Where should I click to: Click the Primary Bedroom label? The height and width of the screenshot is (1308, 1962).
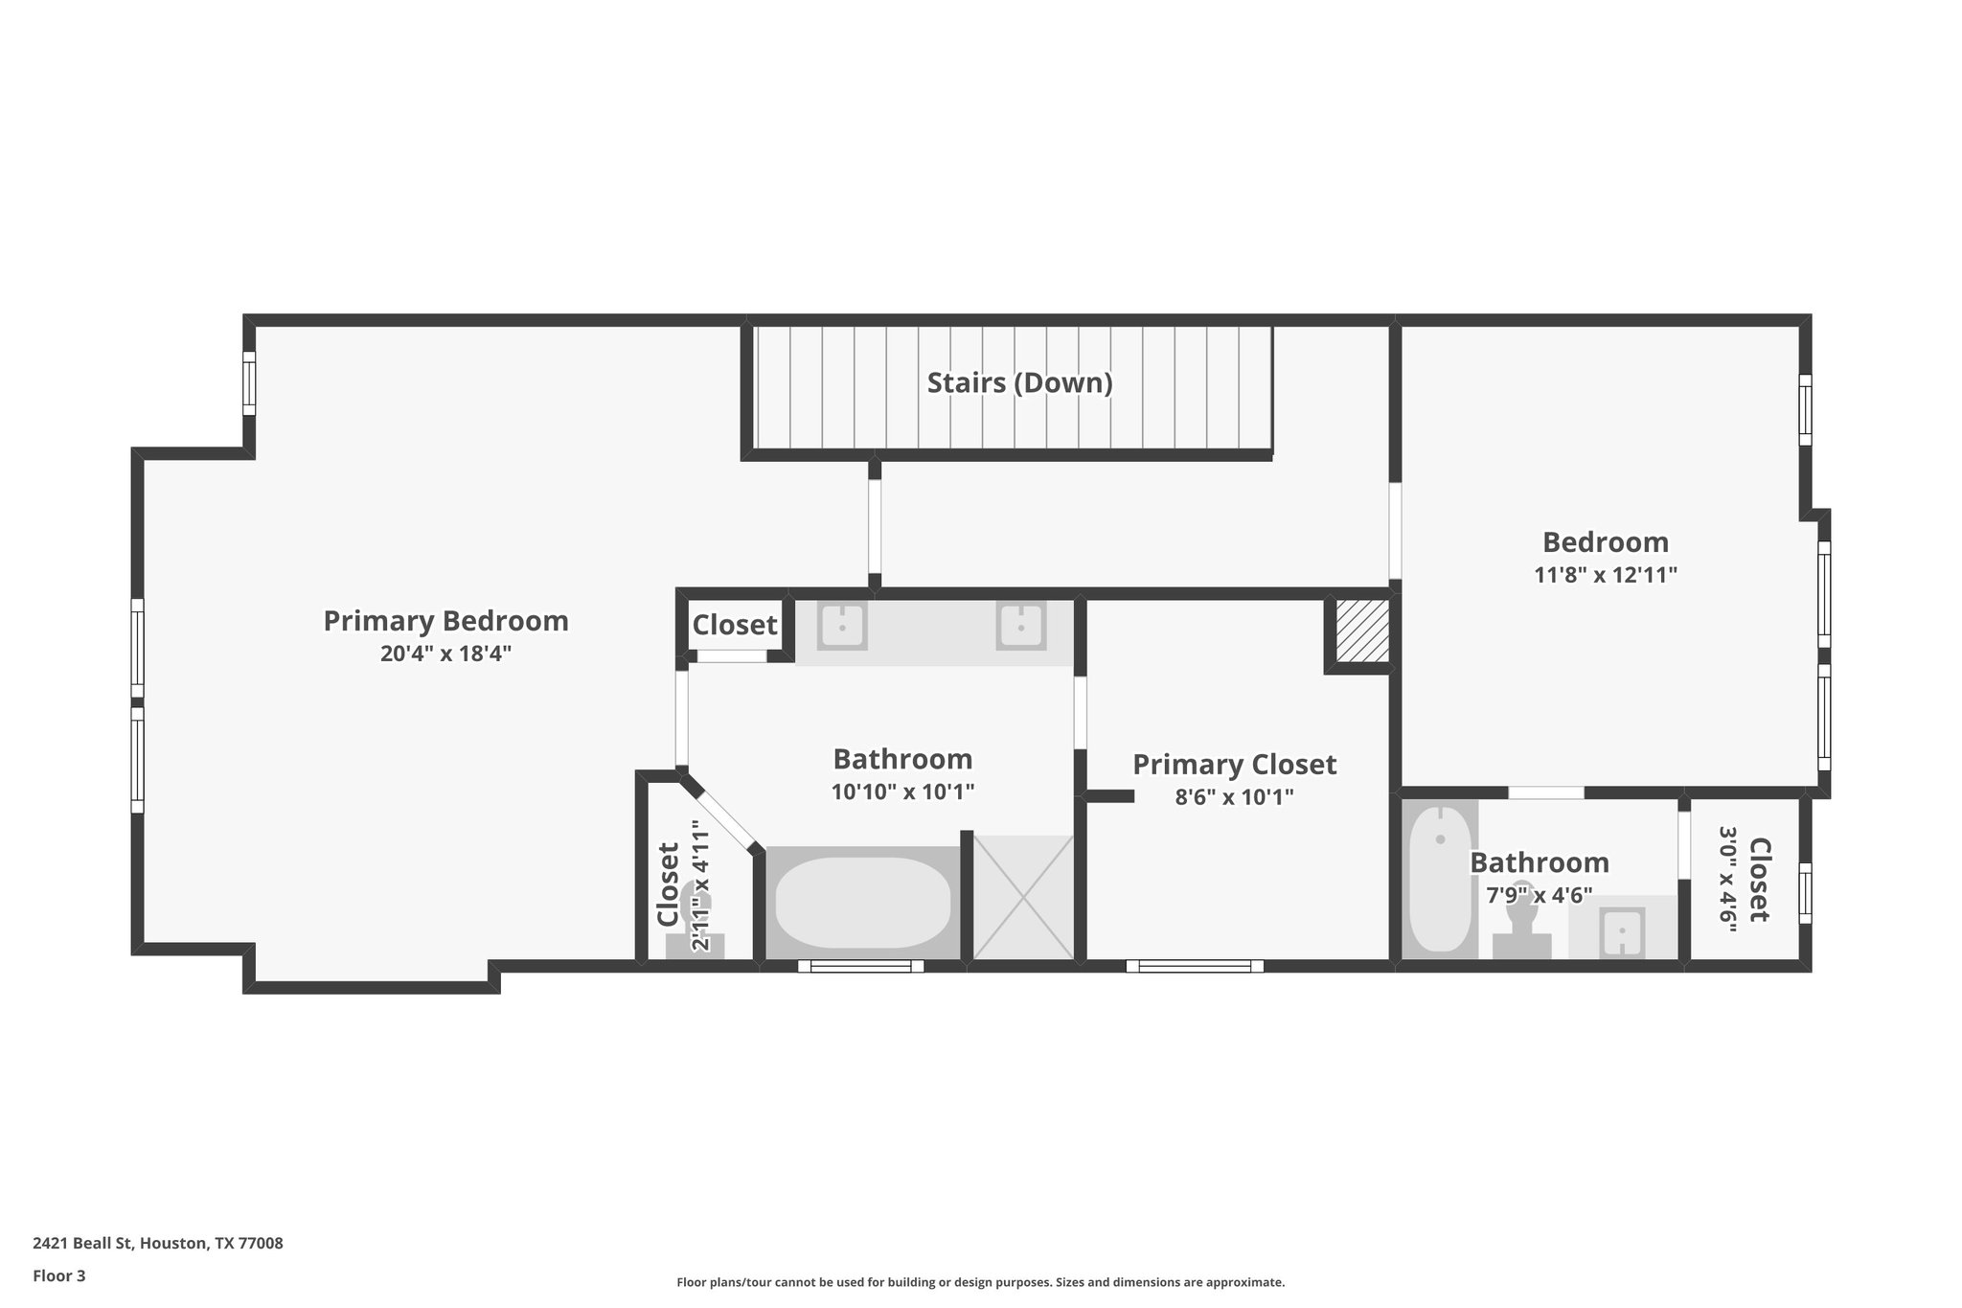pos(445,621)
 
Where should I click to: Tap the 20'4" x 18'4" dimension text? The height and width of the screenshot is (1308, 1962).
pos(445,654)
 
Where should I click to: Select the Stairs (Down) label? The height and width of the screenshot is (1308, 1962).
pos(1019,383)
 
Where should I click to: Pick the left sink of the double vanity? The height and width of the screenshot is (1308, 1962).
pos(842,628)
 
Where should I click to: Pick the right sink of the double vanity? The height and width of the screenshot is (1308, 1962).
pos(1020,628)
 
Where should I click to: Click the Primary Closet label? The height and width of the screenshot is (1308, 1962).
pos(1234,765)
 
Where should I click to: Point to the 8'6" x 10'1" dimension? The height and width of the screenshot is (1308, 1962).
pos(1234,797)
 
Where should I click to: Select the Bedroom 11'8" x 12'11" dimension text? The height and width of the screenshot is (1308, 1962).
pos(1605,576)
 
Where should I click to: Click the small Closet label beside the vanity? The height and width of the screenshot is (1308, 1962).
pos(735,626)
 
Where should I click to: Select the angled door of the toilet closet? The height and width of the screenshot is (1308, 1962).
pos(724,815)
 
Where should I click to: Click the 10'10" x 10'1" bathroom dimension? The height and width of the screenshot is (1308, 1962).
pos(902,792)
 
